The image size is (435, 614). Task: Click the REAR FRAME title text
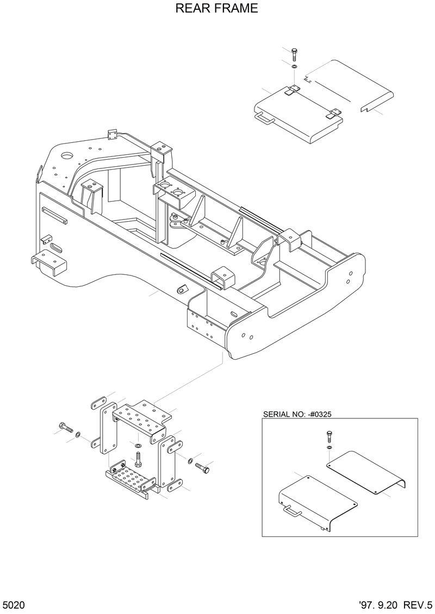[x=217, y=9]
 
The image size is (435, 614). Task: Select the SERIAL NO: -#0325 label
[x=297, y=413]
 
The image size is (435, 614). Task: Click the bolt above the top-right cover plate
[x=294, y=54]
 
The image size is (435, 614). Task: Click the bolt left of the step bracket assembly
[x=66, y=428]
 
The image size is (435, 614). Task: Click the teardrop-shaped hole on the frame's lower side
[x=182, y=289]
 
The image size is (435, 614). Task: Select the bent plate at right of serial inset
[x=370, y=473]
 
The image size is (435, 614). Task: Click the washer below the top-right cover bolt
[x=294, y=66]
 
